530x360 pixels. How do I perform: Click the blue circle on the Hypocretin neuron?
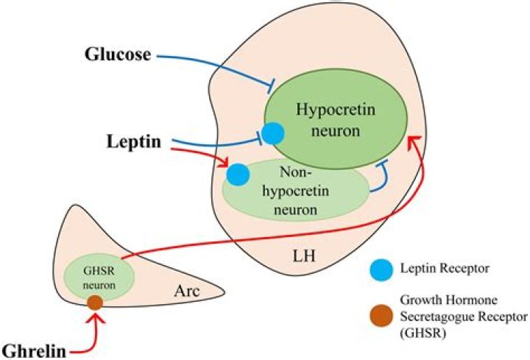pyautogui.click(x=272, y=133)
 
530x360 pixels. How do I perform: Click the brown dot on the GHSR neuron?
pyautogui.click(x=94, y=302)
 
